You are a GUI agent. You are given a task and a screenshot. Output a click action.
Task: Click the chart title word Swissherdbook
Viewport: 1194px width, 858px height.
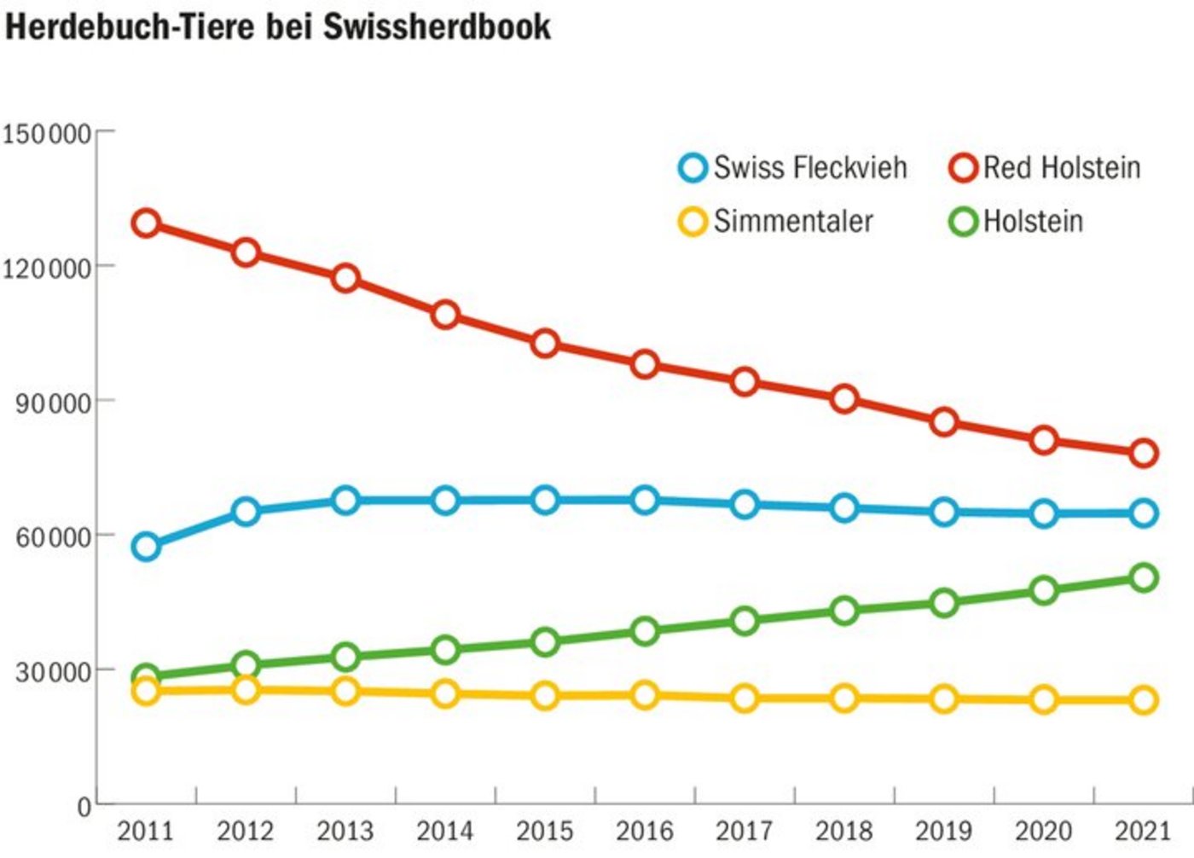(x=437, y=26)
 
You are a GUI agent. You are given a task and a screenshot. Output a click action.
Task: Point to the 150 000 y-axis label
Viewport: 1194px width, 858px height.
(x=46, y=134)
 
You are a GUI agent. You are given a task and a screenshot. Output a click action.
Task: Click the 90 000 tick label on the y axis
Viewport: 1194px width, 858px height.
(x=53, y=403)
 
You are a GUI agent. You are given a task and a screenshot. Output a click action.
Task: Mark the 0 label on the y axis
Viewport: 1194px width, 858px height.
(x=84, y=806)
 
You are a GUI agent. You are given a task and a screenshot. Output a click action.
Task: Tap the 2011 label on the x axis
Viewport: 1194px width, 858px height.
(x=145, y=831)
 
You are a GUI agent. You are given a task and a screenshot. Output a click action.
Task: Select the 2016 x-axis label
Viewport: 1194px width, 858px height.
(x=644, y=831)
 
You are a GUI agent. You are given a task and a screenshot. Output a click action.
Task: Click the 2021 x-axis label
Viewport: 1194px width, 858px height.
(x=1144, y=831)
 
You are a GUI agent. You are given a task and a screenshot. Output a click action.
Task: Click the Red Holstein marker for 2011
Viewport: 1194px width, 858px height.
(x=146, y=223)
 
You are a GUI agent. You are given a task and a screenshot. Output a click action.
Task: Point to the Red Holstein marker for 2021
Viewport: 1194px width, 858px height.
(x=1144, y=453)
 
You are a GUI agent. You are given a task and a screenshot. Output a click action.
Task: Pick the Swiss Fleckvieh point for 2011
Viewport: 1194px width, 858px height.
(x=146, y=547)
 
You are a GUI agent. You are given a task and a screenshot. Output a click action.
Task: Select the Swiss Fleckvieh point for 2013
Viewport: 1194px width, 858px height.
(x=345, y=501)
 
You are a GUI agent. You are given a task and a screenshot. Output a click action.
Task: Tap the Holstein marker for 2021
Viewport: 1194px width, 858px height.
(x=1144, y=577)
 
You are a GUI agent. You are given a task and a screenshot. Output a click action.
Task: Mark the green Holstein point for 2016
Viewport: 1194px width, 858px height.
(x=645, y=631)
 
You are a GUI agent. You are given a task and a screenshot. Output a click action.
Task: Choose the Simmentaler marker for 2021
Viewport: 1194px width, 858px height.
(x=1144, y=700)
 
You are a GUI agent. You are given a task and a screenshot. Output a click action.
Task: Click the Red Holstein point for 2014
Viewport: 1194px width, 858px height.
(x=445, y=315)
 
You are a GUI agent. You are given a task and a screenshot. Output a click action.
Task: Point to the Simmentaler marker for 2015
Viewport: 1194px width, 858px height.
(x=545, y=696)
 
